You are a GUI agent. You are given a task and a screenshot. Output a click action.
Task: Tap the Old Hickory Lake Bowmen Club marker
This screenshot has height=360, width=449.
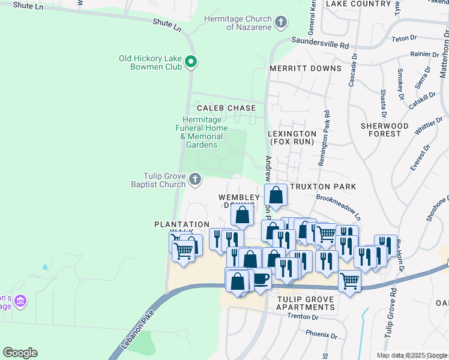[191, 61]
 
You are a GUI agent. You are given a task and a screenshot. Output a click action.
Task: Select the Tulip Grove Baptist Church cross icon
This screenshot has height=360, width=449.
[194, 179]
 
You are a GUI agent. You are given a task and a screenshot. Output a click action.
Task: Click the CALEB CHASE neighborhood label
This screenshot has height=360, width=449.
[226, 108]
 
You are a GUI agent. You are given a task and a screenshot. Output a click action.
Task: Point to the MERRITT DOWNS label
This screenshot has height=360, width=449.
[305, 68]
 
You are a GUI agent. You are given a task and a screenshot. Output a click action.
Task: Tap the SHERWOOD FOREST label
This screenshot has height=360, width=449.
[385, 130]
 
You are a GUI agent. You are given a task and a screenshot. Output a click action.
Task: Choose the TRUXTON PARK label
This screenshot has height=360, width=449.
[322, 187]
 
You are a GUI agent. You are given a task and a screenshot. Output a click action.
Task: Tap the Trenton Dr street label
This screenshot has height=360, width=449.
[301, 316]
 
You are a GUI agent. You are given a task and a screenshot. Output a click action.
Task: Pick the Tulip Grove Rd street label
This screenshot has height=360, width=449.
[394, 313]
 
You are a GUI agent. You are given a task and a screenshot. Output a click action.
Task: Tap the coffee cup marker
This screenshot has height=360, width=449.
[260, 278]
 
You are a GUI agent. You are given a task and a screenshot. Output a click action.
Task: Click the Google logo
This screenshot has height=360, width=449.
[20, 353]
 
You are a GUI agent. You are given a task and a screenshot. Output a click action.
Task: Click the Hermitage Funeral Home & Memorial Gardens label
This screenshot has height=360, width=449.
[205, 132]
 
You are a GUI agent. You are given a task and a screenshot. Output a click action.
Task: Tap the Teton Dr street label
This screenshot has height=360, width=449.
[403, 38]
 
